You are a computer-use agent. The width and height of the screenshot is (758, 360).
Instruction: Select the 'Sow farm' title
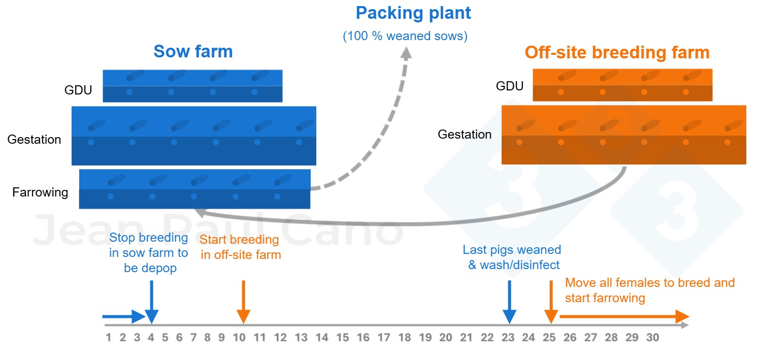tap(193, 51)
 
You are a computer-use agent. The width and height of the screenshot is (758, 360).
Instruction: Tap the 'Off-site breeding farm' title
tap(617, 53)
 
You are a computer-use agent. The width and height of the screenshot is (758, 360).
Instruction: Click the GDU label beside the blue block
tap(78, 90)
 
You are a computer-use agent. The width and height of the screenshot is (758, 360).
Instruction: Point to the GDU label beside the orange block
tap(510, 86)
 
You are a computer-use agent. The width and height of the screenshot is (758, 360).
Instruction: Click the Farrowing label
tap(40, 192)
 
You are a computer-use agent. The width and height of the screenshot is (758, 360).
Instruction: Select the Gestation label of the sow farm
tap(34, 140)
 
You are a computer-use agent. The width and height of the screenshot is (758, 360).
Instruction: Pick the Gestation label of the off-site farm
tap(465, 135)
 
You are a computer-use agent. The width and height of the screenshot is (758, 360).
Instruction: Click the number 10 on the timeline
tap(239, 337)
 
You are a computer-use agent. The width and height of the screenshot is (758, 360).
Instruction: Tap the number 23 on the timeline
tap(508, 337)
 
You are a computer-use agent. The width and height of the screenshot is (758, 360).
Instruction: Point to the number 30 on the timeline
tap(652, 337)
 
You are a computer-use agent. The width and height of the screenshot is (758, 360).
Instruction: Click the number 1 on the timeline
tap(108, 337)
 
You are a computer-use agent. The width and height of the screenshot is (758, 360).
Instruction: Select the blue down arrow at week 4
tap(151, 302)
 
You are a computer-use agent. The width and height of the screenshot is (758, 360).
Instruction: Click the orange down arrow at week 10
tap(243, 302)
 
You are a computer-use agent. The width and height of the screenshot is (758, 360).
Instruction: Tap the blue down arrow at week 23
tap(509, 302)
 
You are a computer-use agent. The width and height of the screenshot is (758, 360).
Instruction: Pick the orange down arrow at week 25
tap(551, 302)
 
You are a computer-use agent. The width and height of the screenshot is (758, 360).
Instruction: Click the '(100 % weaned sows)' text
tap(405, 36)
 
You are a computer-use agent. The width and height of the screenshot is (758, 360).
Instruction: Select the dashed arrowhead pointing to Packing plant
tap(406, 53)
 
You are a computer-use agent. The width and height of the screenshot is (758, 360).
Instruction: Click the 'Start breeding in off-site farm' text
tap(240, 247)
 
